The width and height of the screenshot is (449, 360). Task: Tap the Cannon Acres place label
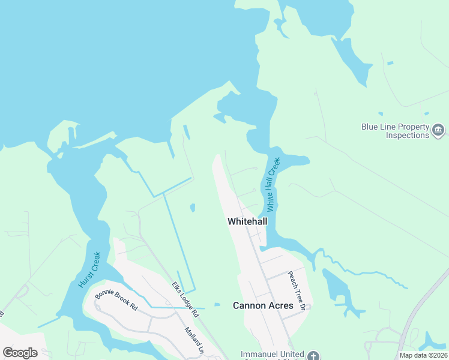[x=263, y=305]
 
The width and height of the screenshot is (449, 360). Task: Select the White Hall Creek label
[x=274, y=184]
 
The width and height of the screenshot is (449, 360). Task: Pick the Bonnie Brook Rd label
[x=116, y=299]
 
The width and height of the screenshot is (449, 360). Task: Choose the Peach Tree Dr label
[x=296, y=290]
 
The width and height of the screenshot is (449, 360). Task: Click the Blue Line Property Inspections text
[x=395, y=131]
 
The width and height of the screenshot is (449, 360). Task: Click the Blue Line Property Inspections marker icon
[x=438, y=130]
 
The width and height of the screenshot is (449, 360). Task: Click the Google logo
[x=20, y=352]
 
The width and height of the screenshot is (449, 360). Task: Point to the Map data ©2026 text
[x=423, y=355]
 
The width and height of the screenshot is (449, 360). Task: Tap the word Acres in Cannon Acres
[x=280, y=305]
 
